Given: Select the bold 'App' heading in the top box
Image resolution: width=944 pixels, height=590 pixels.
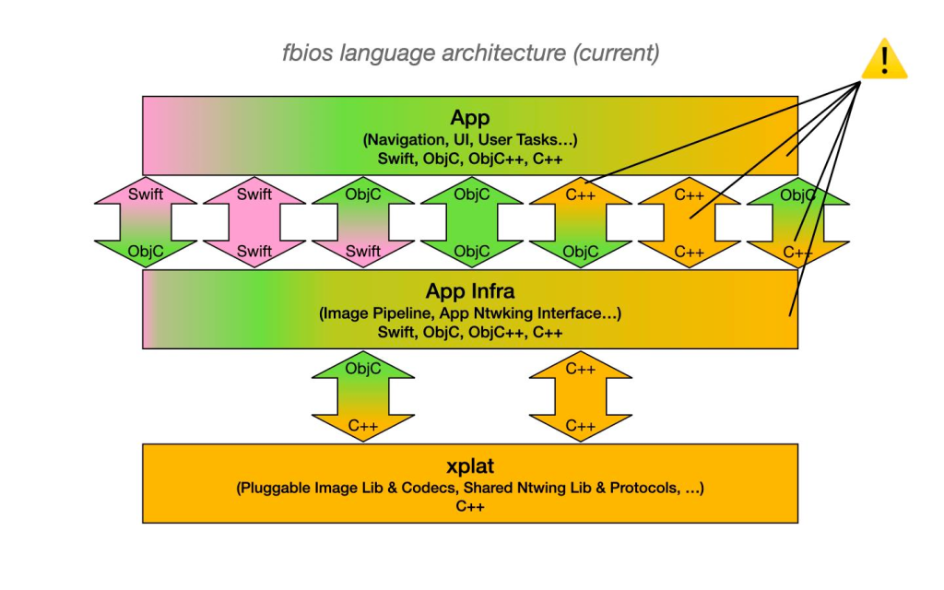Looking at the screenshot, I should click(x=470, y=118).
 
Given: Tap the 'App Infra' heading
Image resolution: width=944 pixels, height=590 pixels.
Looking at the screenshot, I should click(x=470, y=291).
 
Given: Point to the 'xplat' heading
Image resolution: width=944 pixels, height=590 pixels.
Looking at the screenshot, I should click(x=470, y=465).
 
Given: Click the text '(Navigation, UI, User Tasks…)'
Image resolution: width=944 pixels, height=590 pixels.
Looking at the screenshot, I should click(x=470, y=139).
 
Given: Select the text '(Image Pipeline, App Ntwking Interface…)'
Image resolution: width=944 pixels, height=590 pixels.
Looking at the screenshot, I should click(x=470, y=313).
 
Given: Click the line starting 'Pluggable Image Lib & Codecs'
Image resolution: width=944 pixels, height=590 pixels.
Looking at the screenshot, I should click(x=470, y=487).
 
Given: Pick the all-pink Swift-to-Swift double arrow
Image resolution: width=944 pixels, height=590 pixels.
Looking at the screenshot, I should click(x=254, y=222).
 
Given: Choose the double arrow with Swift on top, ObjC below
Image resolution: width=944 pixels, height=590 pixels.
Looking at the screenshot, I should click(x=146, y=222).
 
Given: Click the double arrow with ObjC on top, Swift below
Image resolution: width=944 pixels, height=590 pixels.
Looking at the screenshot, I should click(x=363, y=222).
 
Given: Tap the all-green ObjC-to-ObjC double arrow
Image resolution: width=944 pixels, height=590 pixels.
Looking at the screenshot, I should click(x=472, y=222).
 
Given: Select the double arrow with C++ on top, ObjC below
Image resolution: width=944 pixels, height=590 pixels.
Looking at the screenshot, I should click(x=581, y=222).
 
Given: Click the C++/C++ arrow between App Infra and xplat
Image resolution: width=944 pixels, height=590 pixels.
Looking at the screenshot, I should click(x=581, y=396).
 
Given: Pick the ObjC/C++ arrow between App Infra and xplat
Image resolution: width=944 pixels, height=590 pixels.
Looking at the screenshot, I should click(x=363, y=396).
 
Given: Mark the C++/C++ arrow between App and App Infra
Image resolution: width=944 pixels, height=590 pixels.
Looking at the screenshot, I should click(x=690, y=222).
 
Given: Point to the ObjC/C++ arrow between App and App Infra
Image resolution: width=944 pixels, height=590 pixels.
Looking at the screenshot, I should click(x=798, y=222).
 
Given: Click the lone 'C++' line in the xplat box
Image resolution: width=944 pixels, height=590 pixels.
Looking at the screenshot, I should click(x=470, y=506).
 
